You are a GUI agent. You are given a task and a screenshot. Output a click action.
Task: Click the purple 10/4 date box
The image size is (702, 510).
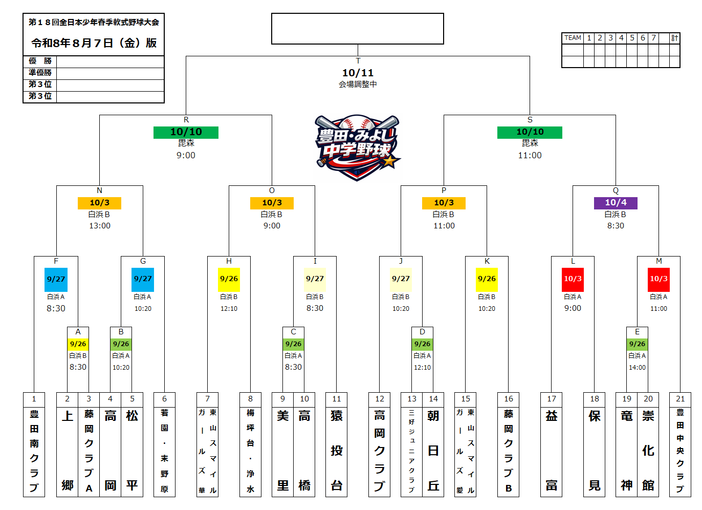[616, 203]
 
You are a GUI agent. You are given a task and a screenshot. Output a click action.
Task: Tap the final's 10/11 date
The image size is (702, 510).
[358, 73]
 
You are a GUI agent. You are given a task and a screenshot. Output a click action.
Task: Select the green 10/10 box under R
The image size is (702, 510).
[186, 132]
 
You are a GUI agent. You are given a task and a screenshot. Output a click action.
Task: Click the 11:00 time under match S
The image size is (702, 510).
[530, 155]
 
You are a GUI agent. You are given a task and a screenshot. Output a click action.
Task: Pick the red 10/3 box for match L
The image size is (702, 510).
[573, 280]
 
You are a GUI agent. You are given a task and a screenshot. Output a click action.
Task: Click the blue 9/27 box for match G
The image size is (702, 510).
[143, 280]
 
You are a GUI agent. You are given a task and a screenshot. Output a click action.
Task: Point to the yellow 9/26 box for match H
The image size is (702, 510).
[229, 280]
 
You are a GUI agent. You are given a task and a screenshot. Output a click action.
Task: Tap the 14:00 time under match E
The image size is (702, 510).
[637, 367]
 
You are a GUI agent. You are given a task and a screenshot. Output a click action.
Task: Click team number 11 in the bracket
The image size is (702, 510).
[336, 399]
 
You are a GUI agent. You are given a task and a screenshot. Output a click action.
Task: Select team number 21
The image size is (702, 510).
[680, 399]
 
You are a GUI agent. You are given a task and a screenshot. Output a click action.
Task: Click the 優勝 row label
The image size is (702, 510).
[40, 60]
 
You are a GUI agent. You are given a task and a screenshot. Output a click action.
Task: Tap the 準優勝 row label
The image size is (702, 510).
[40, 72]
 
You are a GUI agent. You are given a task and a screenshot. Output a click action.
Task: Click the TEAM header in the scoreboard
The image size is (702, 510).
[573, 38]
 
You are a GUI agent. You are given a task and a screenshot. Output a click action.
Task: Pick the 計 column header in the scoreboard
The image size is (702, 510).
[674, 38]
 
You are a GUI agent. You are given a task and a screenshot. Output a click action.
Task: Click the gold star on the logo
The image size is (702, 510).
[389, 161]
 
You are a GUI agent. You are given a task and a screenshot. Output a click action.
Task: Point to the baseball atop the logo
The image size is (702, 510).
[357, 123]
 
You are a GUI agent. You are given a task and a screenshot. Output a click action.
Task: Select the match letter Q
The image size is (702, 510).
[616, 190]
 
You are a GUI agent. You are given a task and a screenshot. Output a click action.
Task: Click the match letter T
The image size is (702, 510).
[358, 61]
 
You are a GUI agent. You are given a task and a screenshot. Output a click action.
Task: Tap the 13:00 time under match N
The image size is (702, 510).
[100, 226]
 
